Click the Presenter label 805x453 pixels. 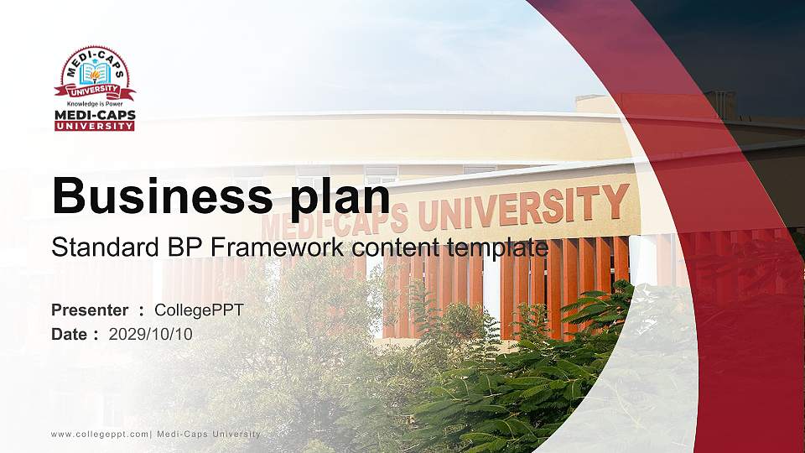tap(90, 310)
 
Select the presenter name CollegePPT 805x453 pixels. tap(199, 310)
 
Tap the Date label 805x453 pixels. tap(70, 334)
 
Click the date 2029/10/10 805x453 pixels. tap(150, 334)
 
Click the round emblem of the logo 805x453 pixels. tap(95, 74)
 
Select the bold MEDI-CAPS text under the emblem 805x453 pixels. tap(95, 115)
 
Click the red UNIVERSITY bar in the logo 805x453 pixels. tap(95, 126)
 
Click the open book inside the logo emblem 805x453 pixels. tap(95, 74)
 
